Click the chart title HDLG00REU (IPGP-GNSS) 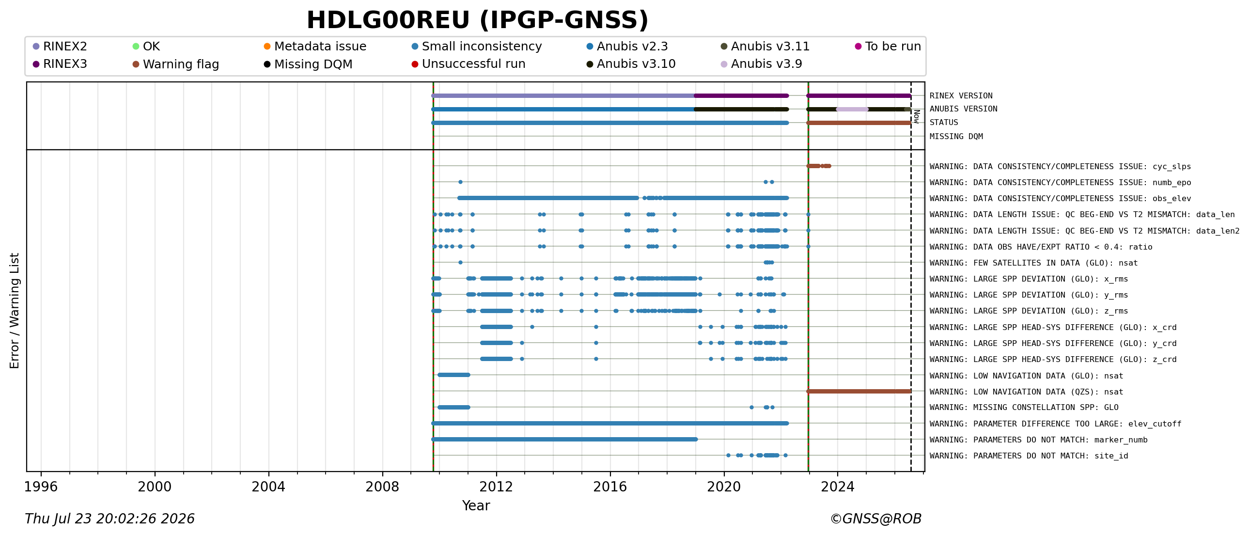pyautogui.click(x=478, y=20)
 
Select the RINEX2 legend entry pyautogui.click(x=60, y=46)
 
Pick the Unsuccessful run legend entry pyautogui.click(x=468, y=64)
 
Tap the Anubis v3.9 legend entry pyautogui.click(x=761, y=64)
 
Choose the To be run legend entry pyautogui.click(x=888, y=46)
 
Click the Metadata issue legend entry pyautogui.click(x=315, y=46)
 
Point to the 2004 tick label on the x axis pyautogui.click(x=268, y=487)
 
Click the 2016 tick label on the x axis pyautogui.click(x=610, y=487)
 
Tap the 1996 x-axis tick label pyautogui.click(x=41, y=487)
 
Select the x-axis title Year pyautogui.click(x=476, y=505)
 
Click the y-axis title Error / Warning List pyautogui.click(x=15, y=311)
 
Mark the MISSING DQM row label pyautogui.click(x=956, y=136)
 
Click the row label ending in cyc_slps pyautogui.click(x=1060, y=166)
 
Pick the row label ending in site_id pyautogui.click(x=1029, y=456)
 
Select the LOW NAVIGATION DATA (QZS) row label pyautogui.click(x=1026, y=392)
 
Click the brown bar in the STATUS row pyautogui.click(x=859, y=123)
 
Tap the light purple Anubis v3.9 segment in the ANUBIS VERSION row pyautogui.click(x=852, y=109)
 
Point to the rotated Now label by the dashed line pyautogui.click(x=916, y=116)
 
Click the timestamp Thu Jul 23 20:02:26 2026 pyautogui.click(x=109, y=519)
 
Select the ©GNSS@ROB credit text pyautogui.click(x=875, y=519)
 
